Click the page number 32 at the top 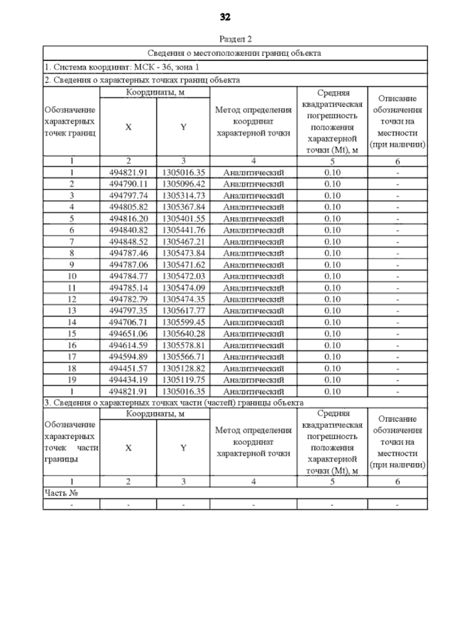coord(225,17)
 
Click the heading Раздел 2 coord(235,39)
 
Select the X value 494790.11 coord(128,184)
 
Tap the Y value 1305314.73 coord(183,196)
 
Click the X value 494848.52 coord(128,242)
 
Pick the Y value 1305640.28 coord(183,334)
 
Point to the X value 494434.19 coord(128,380)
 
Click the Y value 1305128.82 coord(183,368)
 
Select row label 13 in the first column coord(71,311)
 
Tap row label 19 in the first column coord(71,380)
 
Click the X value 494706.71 coord(128,322)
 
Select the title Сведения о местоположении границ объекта coord(234,53)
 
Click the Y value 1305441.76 coord(183,230)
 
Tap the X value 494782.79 coord(128,300)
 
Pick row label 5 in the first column coord(71,219)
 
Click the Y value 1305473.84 coord(183,253)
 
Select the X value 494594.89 coord(128,357)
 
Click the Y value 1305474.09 coord(183,288)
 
